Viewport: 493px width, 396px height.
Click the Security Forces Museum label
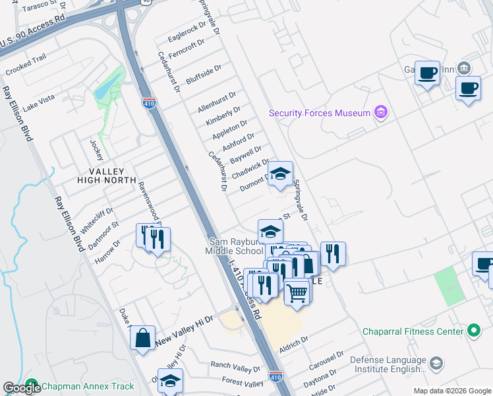(x=320, y=113)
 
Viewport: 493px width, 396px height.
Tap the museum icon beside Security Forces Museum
(x=380, y=113)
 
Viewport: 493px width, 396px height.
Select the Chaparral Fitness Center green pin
(x=473, y=331)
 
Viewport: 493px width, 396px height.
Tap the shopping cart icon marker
(x=297, y=290)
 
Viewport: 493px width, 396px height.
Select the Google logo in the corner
(x=22, y=388)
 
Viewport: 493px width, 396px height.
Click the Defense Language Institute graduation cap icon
(x=436, y=364)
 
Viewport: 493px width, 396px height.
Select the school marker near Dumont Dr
(x=281, y=175)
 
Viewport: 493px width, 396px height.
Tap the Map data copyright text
(x=451, y=391)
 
